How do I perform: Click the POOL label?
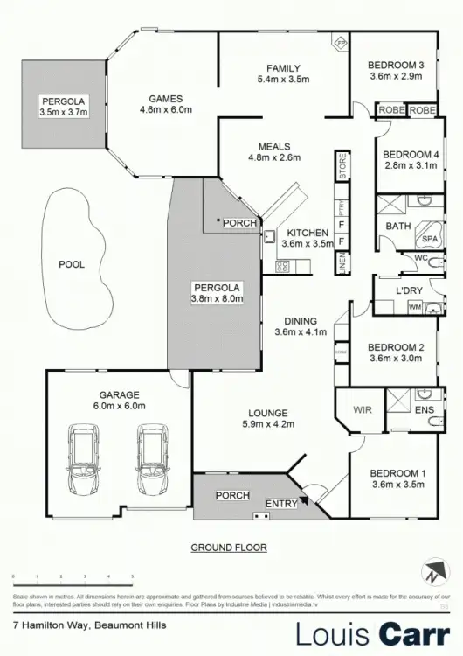(72, 263)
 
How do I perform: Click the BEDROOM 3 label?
(396, 65)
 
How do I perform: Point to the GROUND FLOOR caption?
(229, 548)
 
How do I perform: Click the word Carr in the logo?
(411, 633)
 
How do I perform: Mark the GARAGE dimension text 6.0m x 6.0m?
(119, 406)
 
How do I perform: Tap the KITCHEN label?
(307, 233)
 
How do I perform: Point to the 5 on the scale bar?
(132, 576)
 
